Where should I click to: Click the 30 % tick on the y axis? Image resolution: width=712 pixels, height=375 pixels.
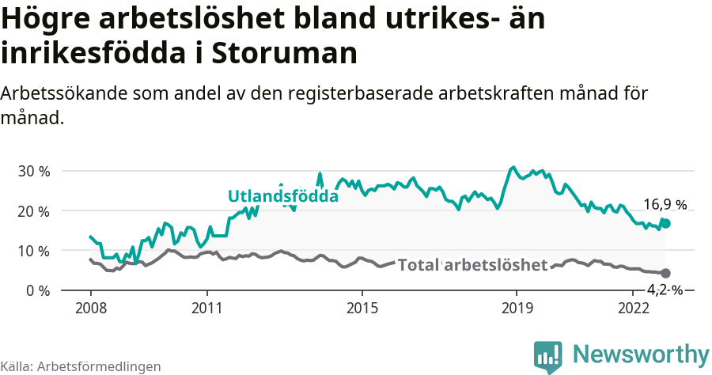[33, 172]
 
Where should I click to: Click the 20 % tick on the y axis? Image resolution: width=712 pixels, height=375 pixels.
[33, 211]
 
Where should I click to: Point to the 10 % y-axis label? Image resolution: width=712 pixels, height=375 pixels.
[33, 251]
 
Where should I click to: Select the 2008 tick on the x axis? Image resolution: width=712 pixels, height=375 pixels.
[90, 307]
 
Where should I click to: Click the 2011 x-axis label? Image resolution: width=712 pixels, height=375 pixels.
[206, 307]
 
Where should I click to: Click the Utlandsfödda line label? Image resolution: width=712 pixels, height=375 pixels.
[282, 196]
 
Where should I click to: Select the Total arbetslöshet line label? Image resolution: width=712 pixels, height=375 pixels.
[472, 265]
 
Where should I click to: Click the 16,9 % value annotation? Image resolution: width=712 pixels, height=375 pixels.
[665, 205]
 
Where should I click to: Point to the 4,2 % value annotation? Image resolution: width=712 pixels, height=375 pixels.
[665, 290]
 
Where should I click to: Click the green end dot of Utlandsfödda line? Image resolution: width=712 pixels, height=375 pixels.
[666, 224]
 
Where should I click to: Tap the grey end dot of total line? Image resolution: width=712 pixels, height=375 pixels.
[666, 273]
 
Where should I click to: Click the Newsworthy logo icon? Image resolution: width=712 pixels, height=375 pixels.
[547, 356]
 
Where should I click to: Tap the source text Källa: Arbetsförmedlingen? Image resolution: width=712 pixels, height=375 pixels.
[81, 366]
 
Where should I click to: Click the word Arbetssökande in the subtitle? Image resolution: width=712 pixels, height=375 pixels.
[61, 93]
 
